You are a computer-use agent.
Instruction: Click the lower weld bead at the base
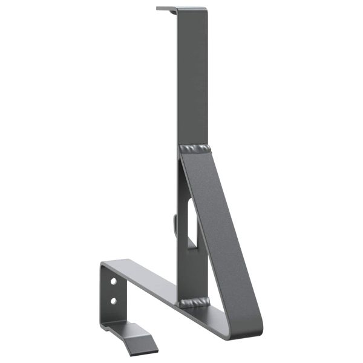pos(194,301)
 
